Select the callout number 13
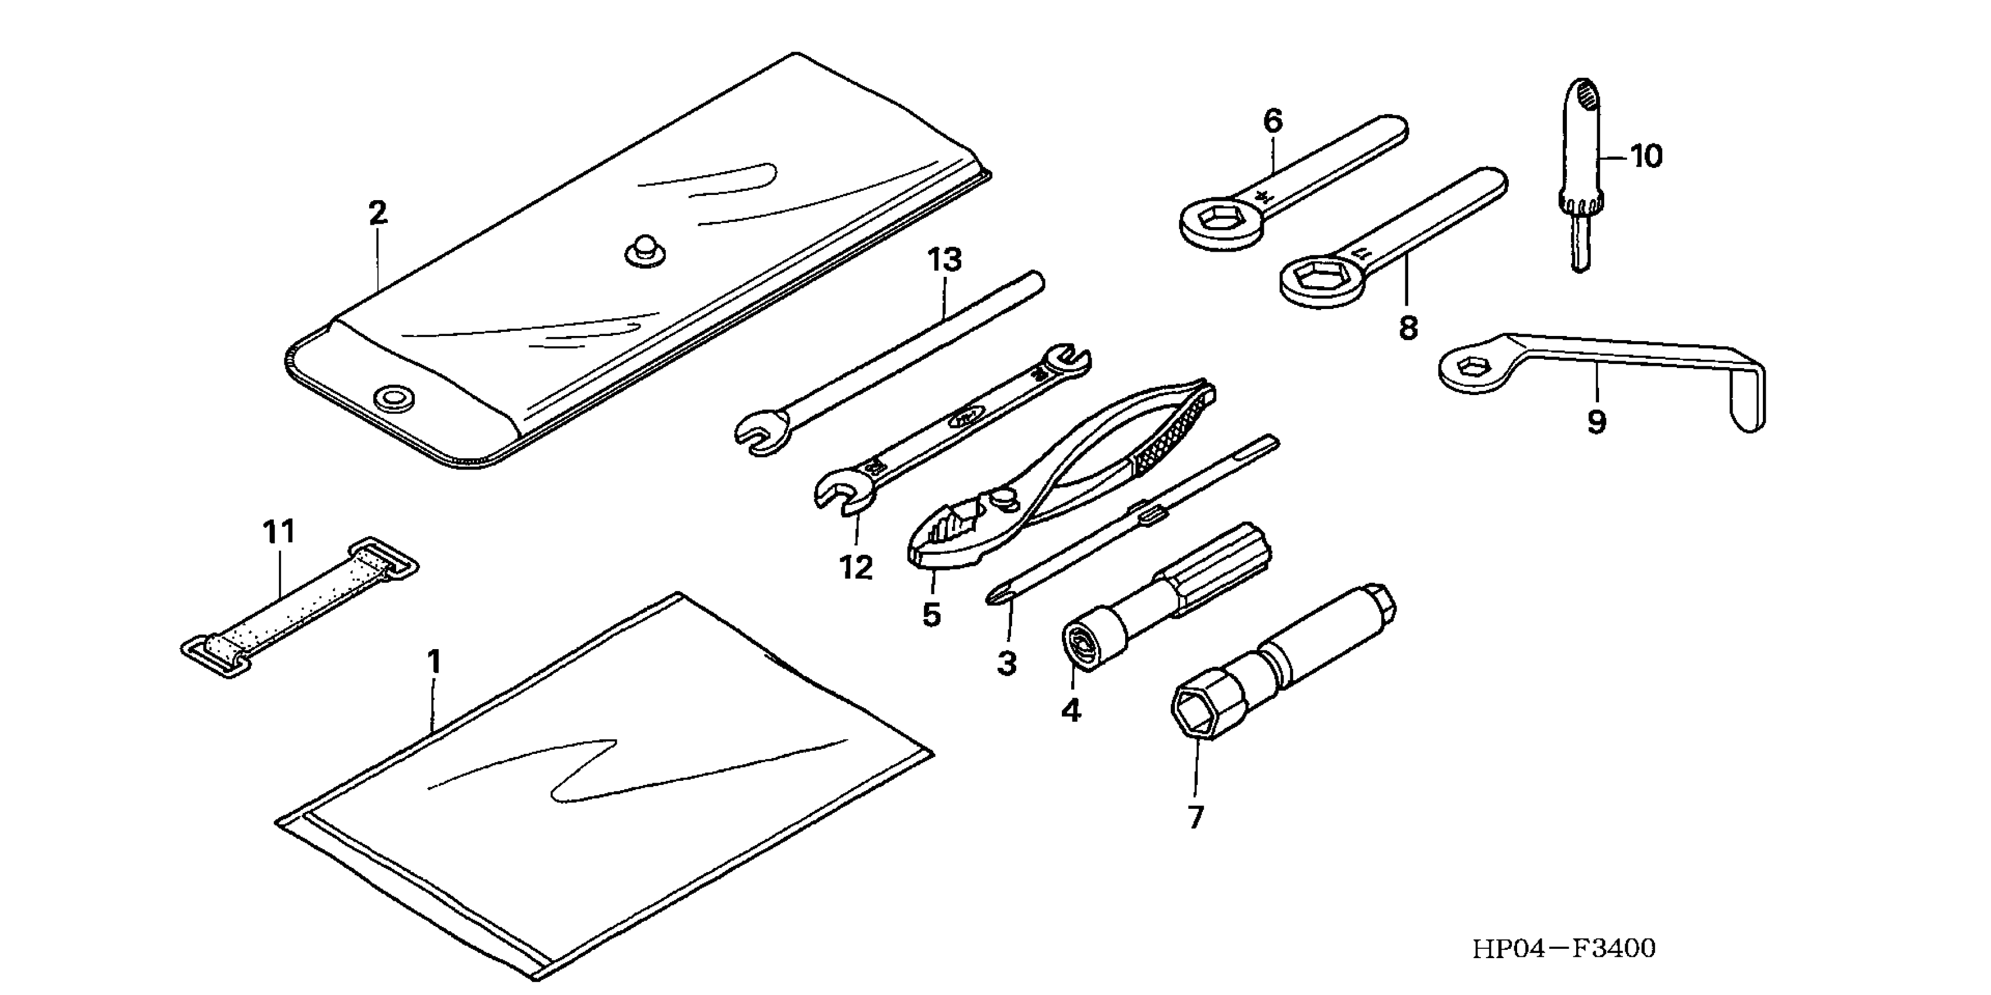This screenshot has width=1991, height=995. click(944, 260)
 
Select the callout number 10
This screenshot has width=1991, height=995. click(1646, 157)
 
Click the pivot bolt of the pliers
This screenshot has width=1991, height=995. click(1004, 498)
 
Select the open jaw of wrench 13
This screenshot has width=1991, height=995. click(760, 433)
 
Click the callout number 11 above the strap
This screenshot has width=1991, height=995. click(279, 532)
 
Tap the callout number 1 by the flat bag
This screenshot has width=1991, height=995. click(434, 662)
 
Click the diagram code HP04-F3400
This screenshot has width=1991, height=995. click(1563, 949)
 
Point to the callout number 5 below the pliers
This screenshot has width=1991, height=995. click(931, 615)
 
